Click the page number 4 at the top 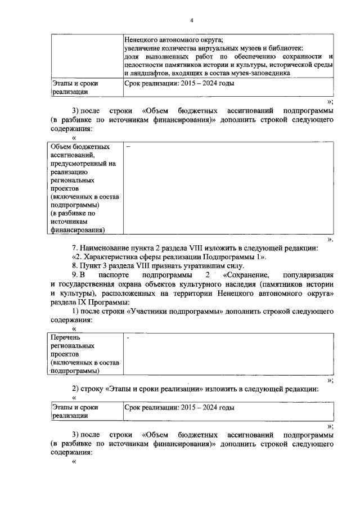[x=192, y=21]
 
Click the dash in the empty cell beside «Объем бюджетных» [x=128, y=147]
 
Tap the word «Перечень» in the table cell [x=66, y=337]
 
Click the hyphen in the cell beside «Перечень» [x=128, y=338]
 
